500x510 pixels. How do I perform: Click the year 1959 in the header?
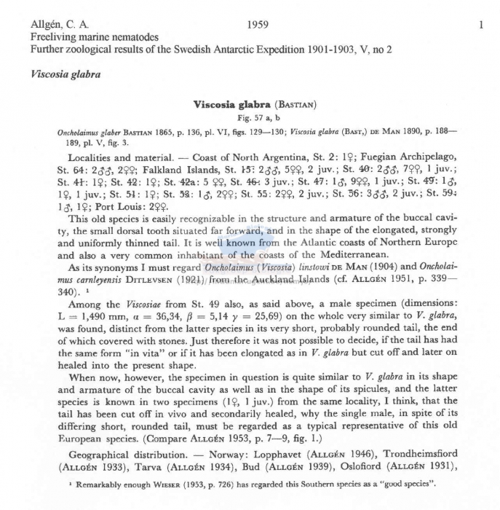[258, 25]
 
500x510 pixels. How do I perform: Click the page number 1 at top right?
[481, 25]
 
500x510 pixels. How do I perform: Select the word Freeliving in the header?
[52, 37]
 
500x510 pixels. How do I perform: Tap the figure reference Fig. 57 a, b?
[253, 117]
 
